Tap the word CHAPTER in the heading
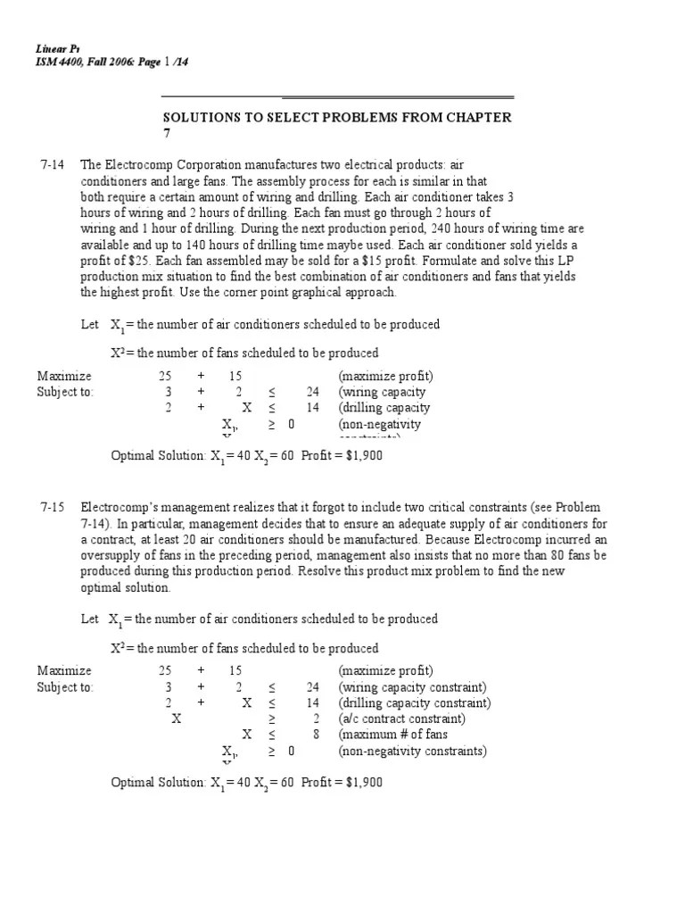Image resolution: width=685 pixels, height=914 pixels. click(x=478, y=117)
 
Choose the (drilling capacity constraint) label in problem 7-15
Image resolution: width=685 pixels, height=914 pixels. click(x=414, y=702)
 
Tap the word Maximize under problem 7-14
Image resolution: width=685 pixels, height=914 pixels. click(x=64, y=376)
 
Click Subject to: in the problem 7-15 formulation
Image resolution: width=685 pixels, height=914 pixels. click(x=65, y=686)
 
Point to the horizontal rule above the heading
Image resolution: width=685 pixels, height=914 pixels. click(x=338, y=96)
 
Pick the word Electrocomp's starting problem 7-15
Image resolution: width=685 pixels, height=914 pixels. click(x=118, y=505)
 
